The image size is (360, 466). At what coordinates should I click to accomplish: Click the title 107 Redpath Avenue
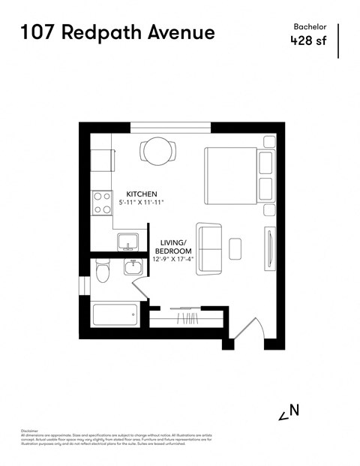[x=117, y=32]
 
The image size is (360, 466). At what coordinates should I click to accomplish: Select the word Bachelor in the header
[x=309, y=26]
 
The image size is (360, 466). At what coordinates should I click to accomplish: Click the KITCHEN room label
[x=142, y=193]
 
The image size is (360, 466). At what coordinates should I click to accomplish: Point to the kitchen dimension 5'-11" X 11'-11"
[x=142, y=203]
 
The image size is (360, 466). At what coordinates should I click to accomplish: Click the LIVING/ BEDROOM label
[x=176, y=246]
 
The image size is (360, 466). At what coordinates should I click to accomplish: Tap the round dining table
[x=157, y=152]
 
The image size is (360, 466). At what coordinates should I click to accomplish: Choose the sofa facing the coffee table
[x=208, y=248]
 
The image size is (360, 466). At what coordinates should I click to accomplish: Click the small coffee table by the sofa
[x=235, y=247]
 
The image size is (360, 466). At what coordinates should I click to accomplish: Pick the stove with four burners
[x=100, y=201]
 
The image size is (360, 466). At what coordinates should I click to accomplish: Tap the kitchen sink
[x=127, y=242]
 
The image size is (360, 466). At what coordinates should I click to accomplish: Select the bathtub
[x=115, y=315]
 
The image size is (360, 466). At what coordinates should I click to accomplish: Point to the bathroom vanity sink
[x=132, y=268]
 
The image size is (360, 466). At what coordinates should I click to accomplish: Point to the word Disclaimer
[x=31, y=431]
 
